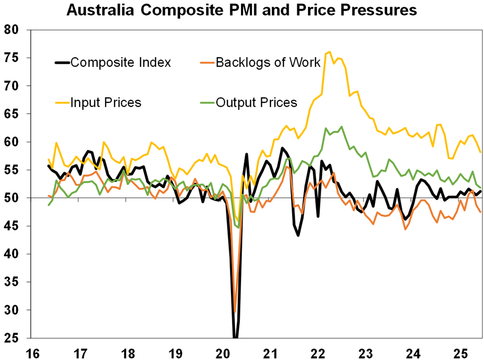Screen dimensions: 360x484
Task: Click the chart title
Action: click(x=242, y=10)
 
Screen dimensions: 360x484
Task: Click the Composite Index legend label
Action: click(x=121, y=62)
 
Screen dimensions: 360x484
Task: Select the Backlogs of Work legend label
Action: click(x=268, y=62)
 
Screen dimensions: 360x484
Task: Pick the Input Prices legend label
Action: click(x=106, y=102)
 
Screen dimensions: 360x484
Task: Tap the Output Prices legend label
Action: click(x=256, y=102)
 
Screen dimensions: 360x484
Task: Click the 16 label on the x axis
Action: click(x=32, y=351)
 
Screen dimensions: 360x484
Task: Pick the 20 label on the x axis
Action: click(x=223, y=351)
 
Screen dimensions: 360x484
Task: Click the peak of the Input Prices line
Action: click(x=330, y=52)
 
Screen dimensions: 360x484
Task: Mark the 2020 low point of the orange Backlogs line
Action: click(x=234, y=312)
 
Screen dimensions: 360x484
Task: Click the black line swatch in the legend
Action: click(x=62, y=62)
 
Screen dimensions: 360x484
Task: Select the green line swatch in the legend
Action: click(x=206, y=102)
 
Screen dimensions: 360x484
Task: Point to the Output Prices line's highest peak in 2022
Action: click(x=341, y=127)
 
